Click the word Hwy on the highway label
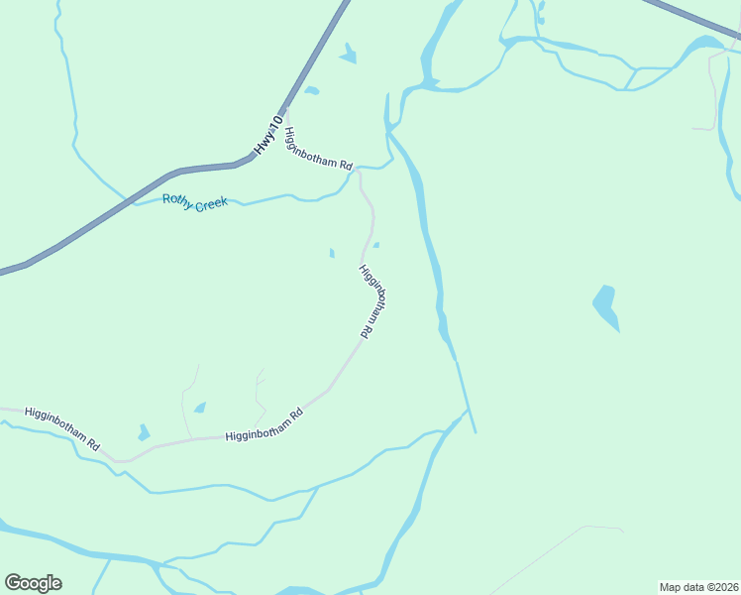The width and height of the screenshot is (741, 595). pyautogui.click(x=261, y=146)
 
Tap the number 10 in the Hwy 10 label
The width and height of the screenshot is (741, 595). pyautogui.click(x=274, y=124)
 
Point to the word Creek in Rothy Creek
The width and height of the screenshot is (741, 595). pyautogui.click(x=211, y=203)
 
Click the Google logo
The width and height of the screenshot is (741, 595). pyautogui.click(x=33, y=583)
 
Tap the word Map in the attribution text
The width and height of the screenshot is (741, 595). pyautogui.click(x=672, y=586)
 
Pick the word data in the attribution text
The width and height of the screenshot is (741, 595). pyautogui.click(x=694, y=586)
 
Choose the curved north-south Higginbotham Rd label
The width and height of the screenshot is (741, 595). pyautogui.click(x=371, y=302)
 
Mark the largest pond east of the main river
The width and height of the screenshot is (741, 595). pyautogui.click(x=605, y=305)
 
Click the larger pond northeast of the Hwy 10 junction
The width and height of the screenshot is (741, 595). pyautogui.click(x=348, y=56)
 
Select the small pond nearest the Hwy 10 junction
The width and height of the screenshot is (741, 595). pyautogui.click(x=311, y=91)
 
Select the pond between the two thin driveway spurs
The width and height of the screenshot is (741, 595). pyautogui.click(x=201, y=408)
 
